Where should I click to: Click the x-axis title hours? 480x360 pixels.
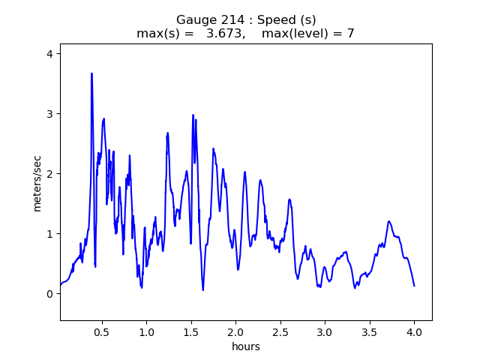pos(246,346)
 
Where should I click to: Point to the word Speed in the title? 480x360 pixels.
pos(268,19)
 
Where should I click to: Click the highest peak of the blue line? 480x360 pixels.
pos(91,73)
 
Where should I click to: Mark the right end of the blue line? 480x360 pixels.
pos(414,286)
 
